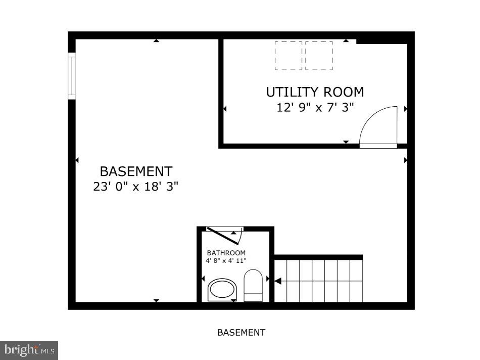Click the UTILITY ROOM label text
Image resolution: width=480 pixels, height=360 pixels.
315,92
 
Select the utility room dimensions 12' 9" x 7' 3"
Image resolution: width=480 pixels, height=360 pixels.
315,108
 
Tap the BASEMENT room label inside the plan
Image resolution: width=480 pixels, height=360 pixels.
136,171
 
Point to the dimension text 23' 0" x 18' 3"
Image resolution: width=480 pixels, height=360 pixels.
136,187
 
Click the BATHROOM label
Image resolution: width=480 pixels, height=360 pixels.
226,253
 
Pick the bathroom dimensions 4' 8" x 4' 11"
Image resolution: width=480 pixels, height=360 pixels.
226,261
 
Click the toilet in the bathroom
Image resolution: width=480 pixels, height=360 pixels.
253,285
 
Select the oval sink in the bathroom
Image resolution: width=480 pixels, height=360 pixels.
222,290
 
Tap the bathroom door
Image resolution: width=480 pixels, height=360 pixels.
225,236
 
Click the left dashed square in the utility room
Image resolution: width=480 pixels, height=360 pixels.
289,56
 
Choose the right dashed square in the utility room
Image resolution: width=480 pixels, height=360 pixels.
319,56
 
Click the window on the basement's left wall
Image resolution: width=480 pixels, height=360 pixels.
72,77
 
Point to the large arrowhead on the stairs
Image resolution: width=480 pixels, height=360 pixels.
277,281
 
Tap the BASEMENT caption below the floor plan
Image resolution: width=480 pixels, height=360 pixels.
241,333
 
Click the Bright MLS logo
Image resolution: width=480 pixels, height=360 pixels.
29,349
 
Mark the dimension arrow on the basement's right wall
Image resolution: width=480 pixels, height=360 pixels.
406,160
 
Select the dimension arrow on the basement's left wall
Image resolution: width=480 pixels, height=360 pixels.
77,160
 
